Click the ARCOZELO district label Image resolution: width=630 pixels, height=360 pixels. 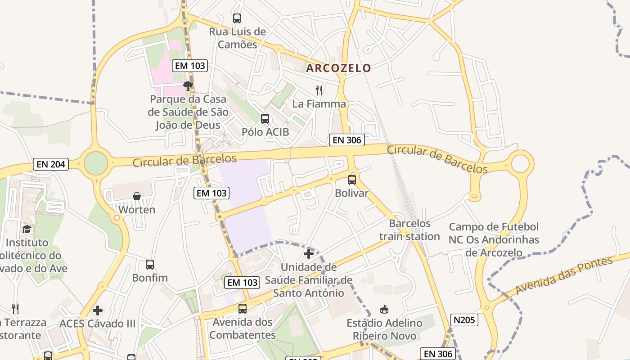tap(339, 68)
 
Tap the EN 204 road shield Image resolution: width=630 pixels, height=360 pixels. tap(51, 164)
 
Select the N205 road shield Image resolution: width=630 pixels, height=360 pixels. tap(464, 320)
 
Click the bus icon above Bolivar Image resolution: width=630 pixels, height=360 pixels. tap(352, 180)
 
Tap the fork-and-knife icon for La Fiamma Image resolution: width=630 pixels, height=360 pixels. tap(319, 90)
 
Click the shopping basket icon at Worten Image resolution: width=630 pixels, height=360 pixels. tap(137, 196)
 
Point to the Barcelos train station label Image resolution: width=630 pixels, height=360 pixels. tap(409, 230)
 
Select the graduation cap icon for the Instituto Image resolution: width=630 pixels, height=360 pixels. tap(27, 229)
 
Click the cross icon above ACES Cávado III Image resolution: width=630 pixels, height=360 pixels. tap(98, 310)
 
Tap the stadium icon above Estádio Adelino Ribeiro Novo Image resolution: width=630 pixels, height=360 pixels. tap(384, 309)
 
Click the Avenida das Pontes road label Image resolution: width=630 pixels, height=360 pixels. tap(564, 275)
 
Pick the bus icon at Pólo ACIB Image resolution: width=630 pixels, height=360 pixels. tap(265, 119)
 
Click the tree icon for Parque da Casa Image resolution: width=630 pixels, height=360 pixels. tap(188, 85)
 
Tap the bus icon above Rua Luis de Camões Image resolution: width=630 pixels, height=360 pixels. tap(237, 18)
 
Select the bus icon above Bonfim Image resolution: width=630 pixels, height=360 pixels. tap(150, 265)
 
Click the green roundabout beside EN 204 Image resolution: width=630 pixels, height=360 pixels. tap(96, 163)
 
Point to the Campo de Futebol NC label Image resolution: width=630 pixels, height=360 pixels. tap(494, 239)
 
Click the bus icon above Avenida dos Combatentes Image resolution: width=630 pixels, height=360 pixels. tap(243, 309)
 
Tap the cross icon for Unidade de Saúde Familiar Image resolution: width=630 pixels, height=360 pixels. tap(309, 254)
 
